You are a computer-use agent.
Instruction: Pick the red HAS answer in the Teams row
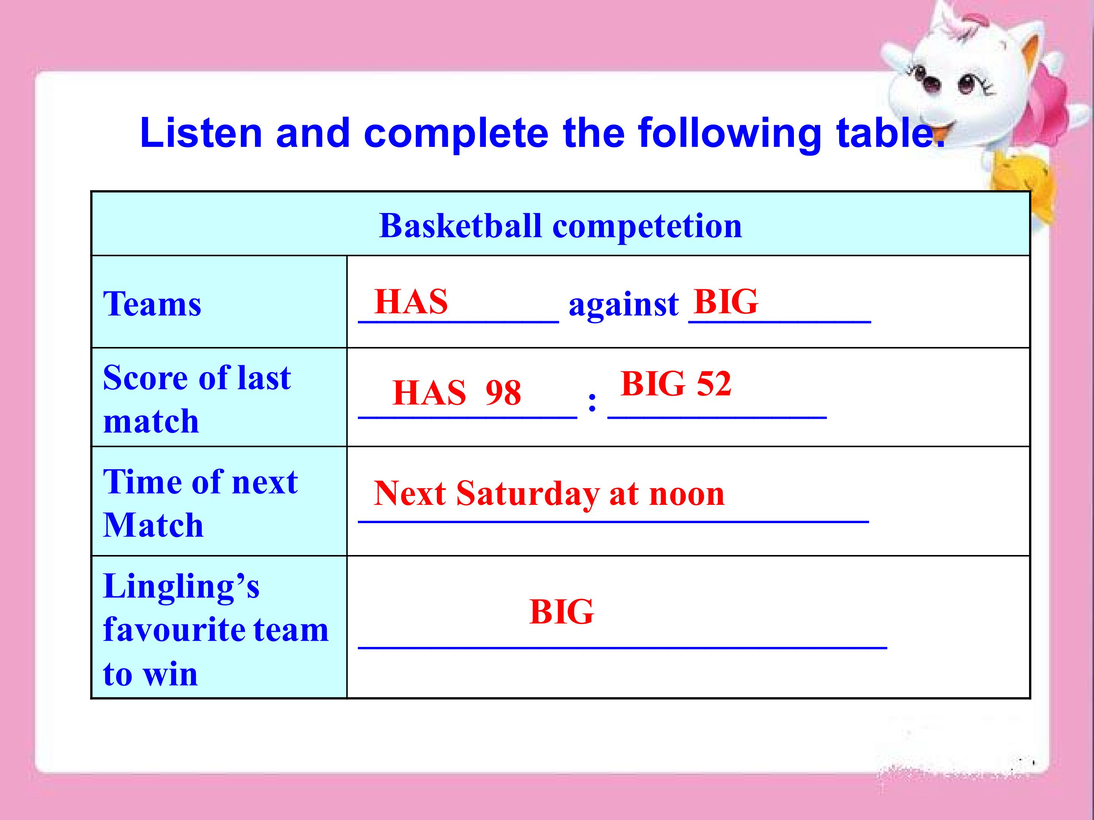click(x=411, y=301)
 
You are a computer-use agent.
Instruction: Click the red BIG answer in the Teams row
click(x=726, y=301)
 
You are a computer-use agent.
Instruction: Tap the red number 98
click(x=503, y=393)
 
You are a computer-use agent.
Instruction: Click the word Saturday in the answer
click(x=527, y=494)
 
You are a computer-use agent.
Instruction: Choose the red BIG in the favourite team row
click(x=561, y=612)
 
